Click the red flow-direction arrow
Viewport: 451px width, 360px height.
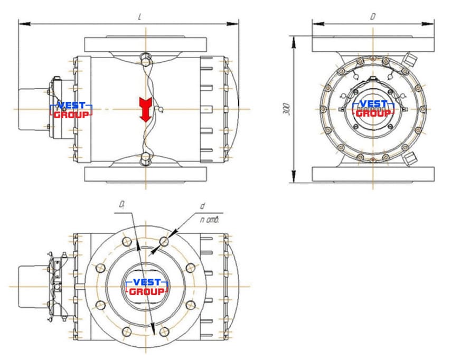pos(145,110)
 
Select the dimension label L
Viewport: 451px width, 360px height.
pos(139,17)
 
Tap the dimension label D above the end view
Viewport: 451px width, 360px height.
pos(372,17)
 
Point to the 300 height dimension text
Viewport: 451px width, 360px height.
pos(286,109)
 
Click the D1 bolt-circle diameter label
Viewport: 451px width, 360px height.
pos(122,205)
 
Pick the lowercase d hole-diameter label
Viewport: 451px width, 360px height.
pos(202,206)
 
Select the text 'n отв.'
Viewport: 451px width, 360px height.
pos(210,220)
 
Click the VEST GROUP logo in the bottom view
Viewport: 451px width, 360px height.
pos(147,287)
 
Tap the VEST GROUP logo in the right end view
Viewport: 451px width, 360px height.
pos(373,108)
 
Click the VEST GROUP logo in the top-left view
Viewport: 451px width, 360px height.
pos(71,110)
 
